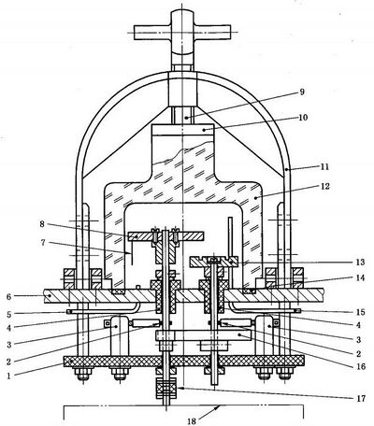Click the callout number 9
pos(301,92)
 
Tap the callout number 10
pos(303,118)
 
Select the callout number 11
pos(324,166)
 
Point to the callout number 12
pos(324,187)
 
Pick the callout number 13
pos(359,262)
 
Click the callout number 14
pos(360,277)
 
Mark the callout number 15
pos(360,312)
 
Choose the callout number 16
pos(362,366)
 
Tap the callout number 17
pos(361,398)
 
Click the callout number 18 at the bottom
pos(192,421)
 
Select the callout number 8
pos(42,224)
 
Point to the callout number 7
pos(43,242)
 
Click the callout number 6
pos(8,296)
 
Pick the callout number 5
pos(8,315)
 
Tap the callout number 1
pos(8,376)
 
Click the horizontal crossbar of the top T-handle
pos(182,32)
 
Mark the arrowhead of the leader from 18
pos(219,406)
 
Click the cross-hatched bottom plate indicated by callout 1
pos(184,362)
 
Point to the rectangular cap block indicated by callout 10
pos(182,130)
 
